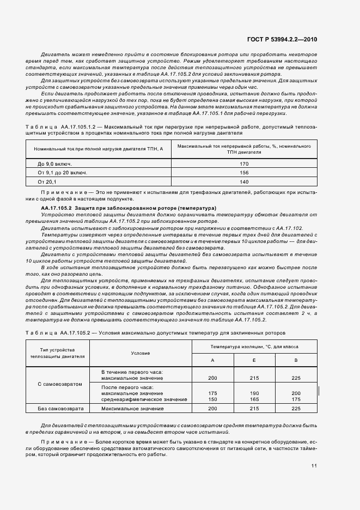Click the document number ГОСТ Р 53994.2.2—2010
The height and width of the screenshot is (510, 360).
[286, 39]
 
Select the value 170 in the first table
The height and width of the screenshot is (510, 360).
[243, 163]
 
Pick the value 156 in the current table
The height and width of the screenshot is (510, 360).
[243, 172]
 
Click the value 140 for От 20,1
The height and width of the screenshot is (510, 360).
[243, 181]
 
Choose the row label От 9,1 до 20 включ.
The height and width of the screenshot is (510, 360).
[63, 172]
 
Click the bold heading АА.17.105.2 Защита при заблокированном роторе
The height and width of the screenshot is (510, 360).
[129, 208]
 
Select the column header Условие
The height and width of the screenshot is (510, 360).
[141, 353]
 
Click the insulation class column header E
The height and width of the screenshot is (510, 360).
[254, 360]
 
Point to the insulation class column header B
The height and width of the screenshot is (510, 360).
[296, 360]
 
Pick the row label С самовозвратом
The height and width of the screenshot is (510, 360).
[60, 384]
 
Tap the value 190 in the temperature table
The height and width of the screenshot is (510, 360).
[254, 393]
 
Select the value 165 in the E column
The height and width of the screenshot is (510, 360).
[254, 399]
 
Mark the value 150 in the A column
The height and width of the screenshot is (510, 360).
[212, 399]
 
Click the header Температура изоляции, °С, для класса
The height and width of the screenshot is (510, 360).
[254, 346]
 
